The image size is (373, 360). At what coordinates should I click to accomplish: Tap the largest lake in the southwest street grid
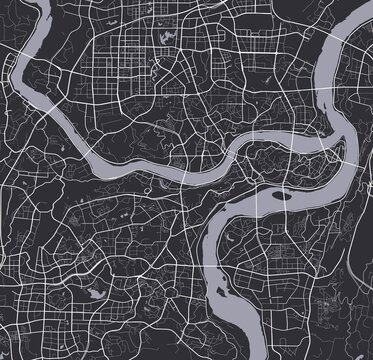coord(95,293)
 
